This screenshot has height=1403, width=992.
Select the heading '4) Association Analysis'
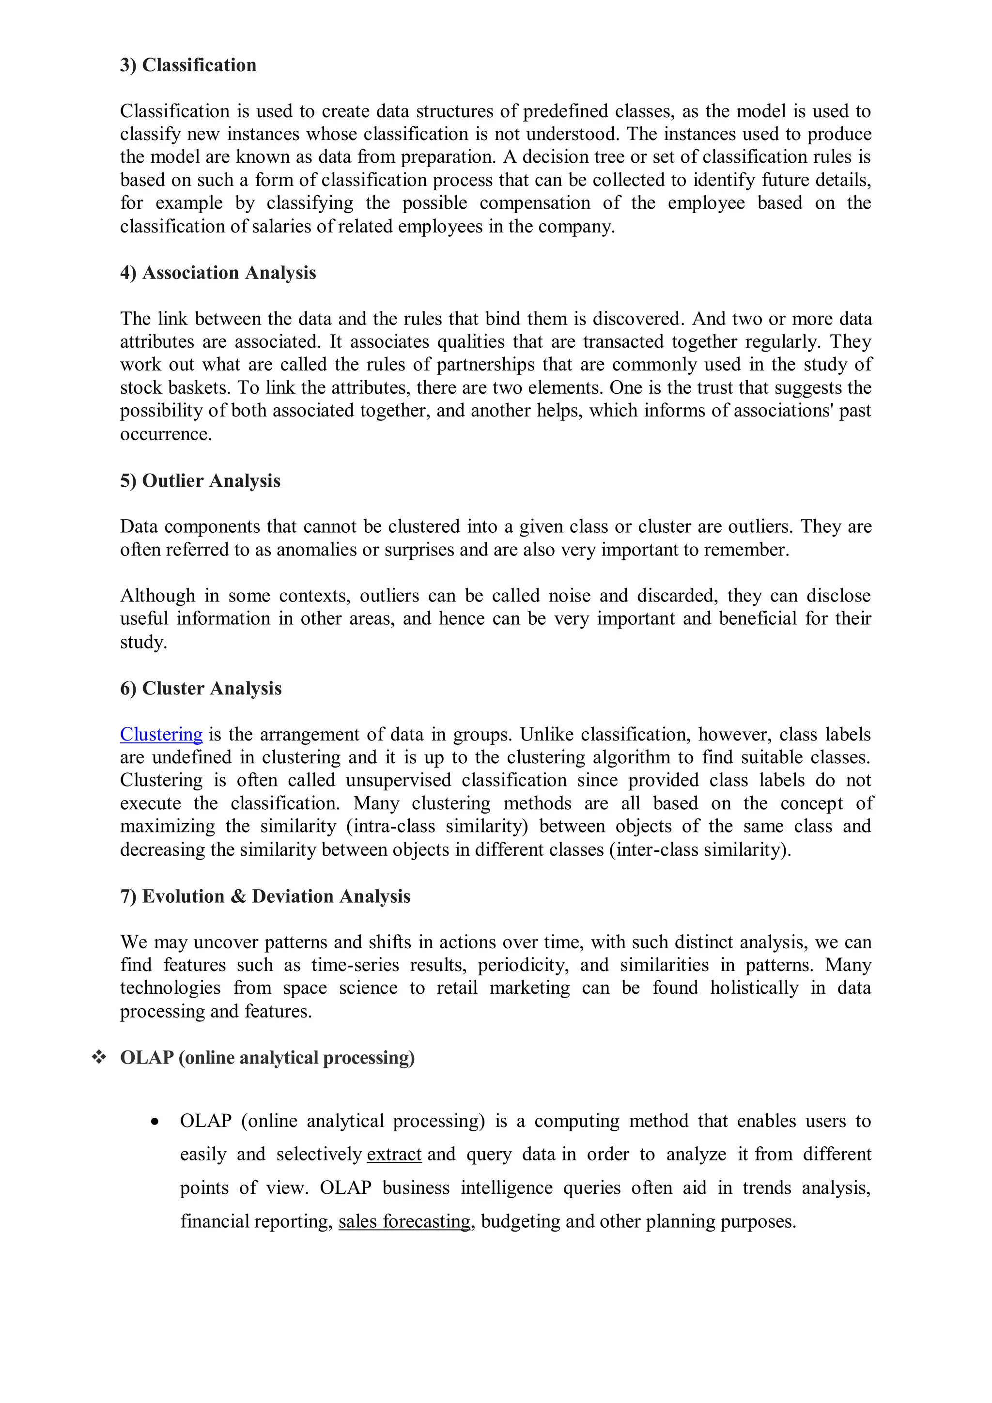tap(217, 273)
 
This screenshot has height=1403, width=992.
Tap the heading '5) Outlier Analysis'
tap(200, 480)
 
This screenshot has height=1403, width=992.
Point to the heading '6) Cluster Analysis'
tap(201, 688)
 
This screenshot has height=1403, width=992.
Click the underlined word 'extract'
tap(394, 1154)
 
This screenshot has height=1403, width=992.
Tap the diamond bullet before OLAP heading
tap(98, 1057)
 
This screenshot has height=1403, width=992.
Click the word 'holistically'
tap(754, 988)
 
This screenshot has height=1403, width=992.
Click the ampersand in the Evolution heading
tap(238, 896)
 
